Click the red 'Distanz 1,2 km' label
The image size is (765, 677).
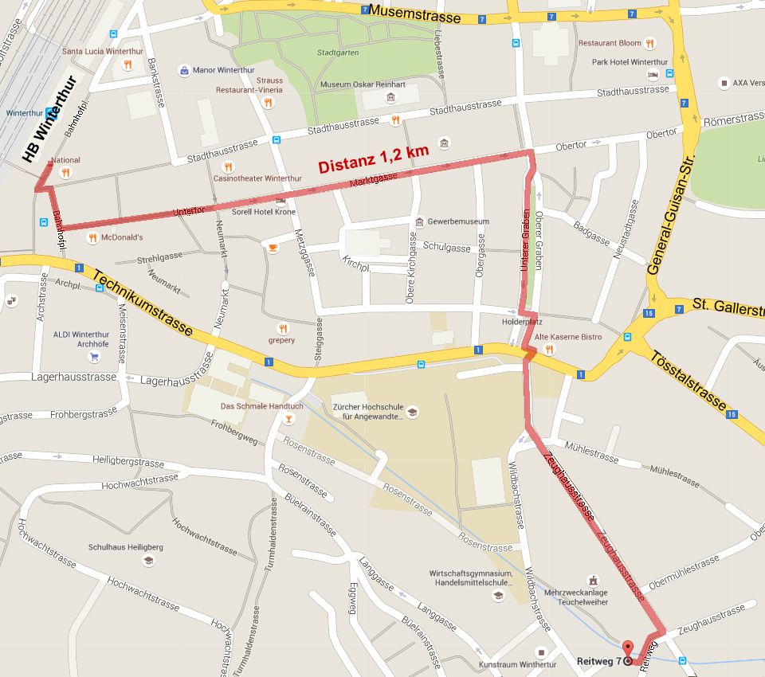coord(374,159)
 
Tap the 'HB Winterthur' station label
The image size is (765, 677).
coord(49,119)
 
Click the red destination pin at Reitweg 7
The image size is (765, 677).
coord(627,649)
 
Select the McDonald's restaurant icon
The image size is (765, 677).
coord(92,237)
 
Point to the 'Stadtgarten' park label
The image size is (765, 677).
coord(337,53)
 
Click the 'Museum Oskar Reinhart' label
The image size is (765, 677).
coord(358,84)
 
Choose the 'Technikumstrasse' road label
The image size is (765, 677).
coord(142,302)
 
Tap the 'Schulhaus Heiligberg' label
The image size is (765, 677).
coord(125,547)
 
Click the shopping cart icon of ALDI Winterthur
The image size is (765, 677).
coord(95,357)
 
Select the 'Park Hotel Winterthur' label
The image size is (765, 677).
coord(630,62)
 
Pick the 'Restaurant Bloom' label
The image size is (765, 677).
coord(610,43)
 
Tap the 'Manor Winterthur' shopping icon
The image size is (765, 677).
coord(184,70)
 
